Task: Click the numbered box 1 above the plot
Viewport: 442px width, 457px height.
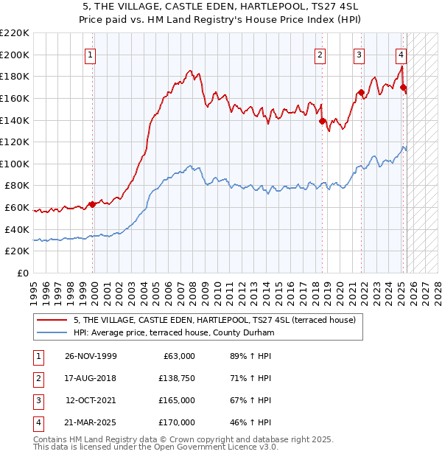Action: [x=89, y=54]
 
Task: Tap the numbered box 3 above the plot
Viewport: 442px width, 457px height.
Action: [x=359, y=54]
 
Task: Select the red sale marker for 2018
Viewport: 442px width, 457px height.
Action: [x=322, y=122]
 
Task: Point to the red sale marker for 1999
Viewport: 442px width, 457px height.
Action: [x=93, y=204]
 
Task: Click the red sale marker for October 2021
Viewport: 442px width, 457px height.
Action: [x=361, y=93]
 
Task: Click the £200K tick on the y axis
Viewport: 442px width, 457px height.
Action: [x=15, y=55]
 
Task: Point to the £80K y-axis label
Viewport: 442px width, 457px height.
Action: [x=18, y=186]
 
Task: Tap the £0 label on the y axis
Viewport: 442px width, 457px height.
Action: [x=23, y=273]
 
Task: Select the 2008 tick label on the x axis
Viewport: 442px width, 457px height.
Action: [x=192, y=290]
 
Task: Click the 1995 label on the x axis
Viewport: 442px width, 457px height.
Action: [x=34, y=290]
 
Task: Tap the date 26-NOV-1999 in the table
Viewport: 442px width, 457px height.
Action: [x=91, y=355]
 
